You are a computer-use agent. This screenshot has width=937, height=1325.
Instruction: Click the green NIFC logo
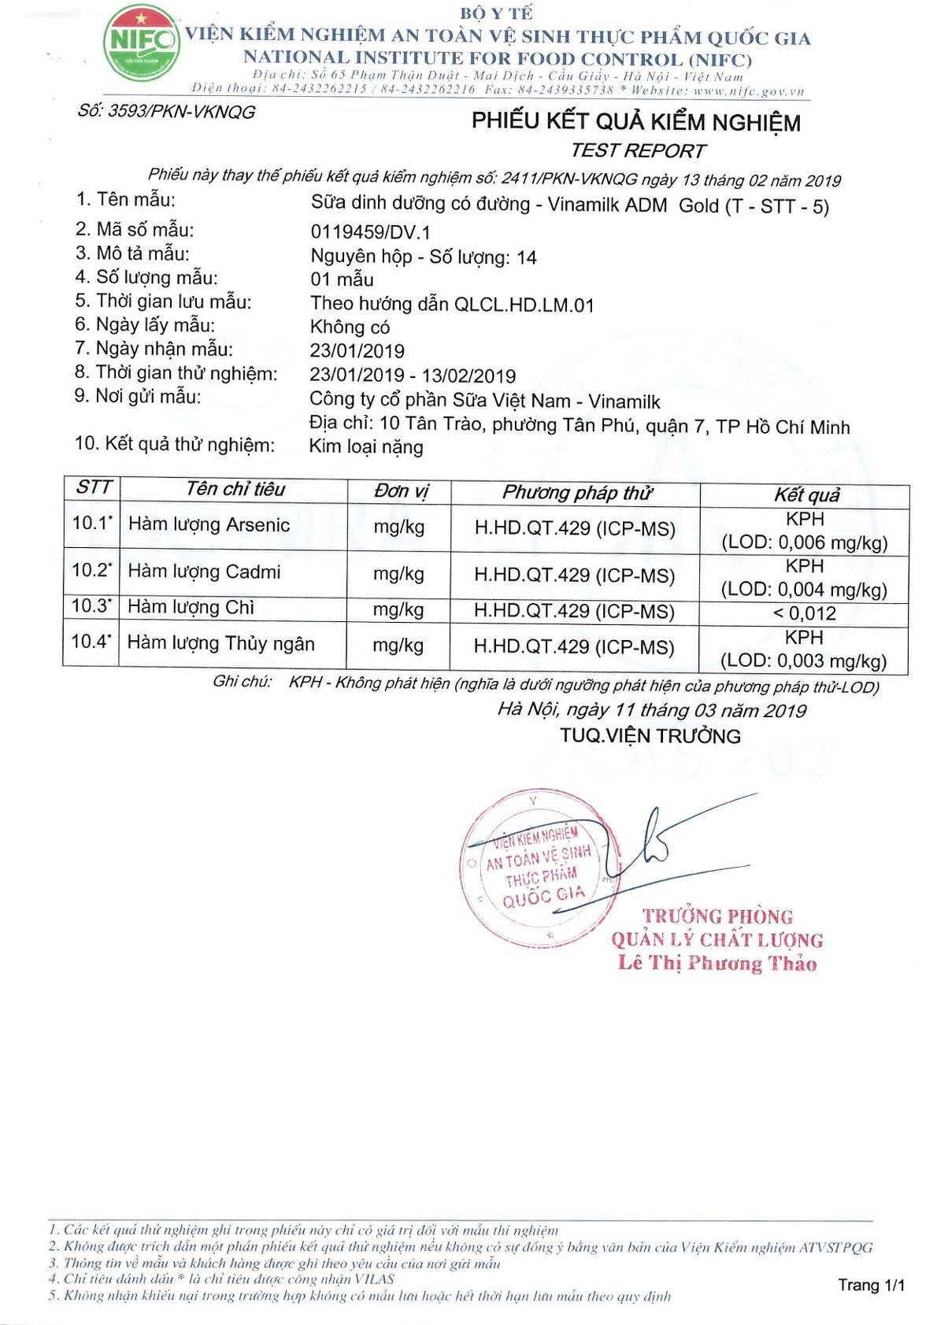coord(141,43)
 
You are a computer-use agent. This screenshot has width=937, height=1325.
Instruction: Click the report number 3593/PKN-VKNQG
coord(166,112)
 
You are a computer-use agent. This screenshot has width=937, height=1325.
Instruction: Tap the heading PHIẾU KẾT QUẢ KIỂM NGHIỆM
coord(635,122)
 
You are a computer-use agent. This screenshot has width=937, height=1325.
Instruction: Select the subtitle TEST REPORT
coord(638,150)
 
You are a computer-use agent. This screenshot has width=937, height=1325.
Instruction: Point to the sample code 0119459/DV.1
coord(370,232)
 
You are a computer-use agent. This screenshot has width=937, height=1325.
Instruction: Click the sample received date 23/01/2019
coord(357,351)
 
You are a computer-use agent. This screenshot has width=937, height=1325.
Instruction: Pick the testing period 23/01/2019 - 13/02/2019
coord(413,376)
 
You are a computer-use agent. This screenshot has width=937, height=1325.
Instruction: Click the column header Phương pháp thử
coord(576,493)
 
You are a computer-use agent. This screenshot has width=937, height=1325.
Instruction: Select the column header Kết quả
coord(806,495)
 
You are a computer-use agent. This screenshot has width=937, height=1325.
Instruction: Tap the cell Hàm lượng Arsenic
coord(209,525)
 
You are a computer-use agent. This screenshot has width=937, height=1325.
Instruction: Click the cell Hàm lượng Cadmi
coord(204,572)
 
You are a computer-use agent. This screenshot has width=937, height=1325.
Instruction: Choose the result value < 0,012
coord(804,613)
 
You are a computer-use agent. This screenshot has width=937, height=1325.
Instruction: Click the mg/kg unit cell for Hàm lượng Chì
coord(398,609)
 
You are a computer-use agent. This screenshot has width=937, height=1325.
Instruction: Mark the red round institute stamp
coord(539,867)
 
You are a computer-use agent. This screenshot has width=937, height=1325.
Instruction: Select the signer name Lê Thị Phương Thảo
coord(717,963)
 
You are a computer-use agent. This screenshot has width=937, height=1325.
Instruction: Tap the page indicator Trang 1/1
coord(871,1285)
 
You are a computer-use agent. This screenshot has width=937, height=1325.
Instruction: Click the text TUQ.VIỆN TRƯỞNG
coord(650,736)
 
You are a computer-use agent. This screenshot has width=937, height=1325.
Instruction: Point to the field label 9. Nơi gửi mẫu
coord(138,396)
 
